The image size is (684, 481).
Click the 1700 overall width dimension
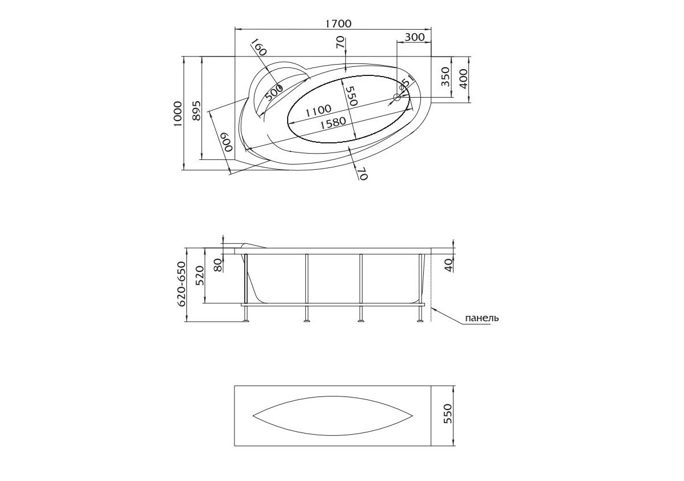(x=338, y=23)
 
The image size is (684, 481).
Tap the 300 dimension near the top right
(x=415, y=37)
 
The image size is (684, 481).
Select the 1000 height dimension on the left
(x=177, y=114)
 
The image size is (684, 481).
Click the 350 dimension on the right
(x=445, y=77)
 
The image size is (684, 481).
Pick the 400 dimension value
(x=463, y=79)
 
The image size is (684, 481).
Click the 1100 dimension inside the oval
(x=318, y=111)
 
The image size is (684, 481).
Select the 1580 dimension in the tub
(x=333, y=124)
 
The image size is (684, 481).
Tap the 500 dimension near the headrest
(x=274, y=93)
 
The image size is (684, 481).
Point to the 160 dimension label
(x=259, y=47)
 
